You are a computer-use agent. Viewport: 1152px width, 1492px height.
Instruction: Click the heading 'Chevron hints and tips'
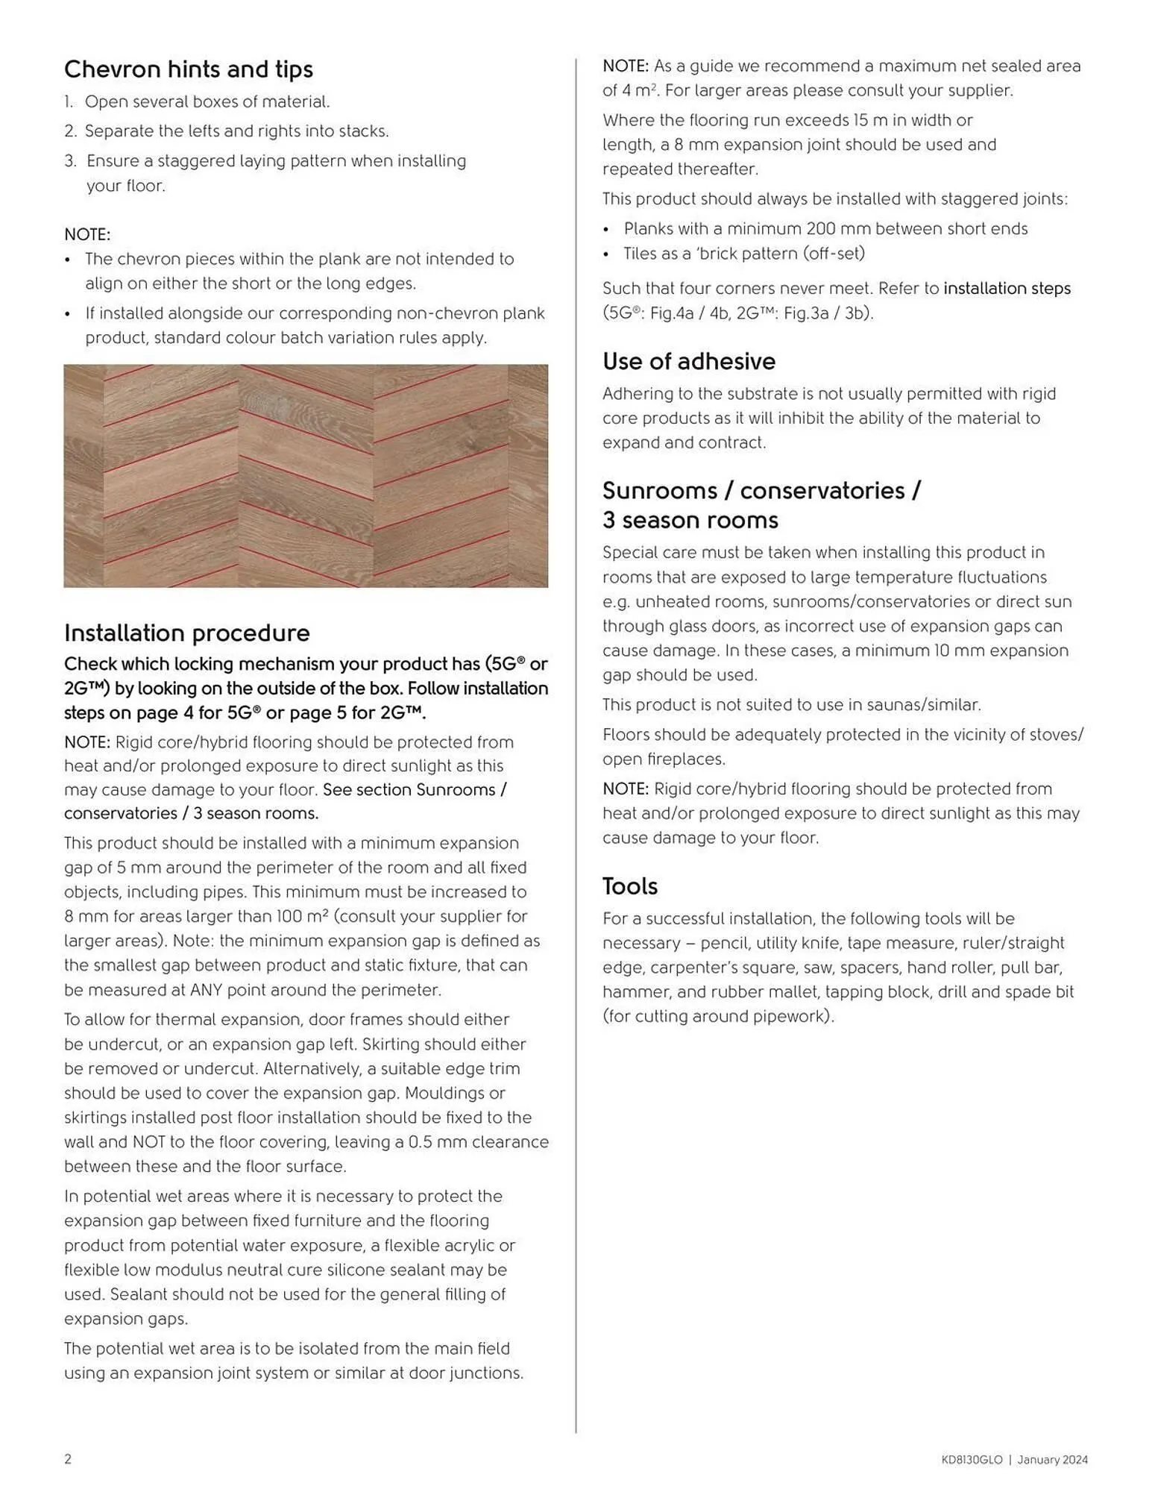(x=188, y=69)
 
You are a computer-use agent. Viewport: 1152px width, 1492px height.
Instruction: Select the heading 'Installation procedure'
(x=186, y=633)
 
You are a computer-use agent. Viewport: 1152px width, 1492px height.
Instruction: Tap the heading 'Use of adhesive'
(x=688, y=361)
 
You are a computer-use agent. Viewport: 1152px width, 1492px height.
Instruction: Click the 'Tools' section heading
(x=629, y=886)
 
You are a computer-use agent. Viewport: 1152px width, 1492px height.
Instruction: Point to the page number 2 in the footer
(x=68, y=1459)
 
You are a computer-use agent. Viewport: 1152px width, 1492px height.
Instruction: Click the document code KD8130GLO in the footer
(x=972, y=1460)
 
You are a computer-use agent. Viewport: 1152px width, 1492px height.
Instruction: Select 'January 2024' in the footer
(x=1052, y=1460)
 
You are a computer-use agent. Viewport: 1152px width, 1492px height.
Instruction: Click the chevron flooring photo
(x=306, y=475)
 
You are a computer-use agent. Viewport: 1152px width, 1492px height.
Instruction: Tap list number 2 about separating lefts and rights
(x=70, y=131)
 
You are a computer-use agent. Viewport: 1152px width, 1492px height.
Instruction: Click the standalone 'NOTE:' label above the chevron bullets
(x=87, y=234)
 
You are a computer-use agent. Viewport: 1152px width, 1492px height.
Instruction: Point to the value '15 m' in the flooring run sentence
(x=871, y=120)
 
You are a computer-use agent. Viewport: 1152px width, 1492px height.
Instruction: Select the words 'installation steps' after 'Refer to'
(x=1007, y=288)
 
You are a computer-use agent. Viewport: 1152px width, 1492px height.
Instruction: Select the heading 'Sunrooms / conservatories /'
(x=761, y=490)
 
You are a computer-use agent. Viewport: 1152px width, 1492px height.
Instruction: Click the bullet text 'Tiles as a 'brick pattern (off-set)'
(x=743, y=254)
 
